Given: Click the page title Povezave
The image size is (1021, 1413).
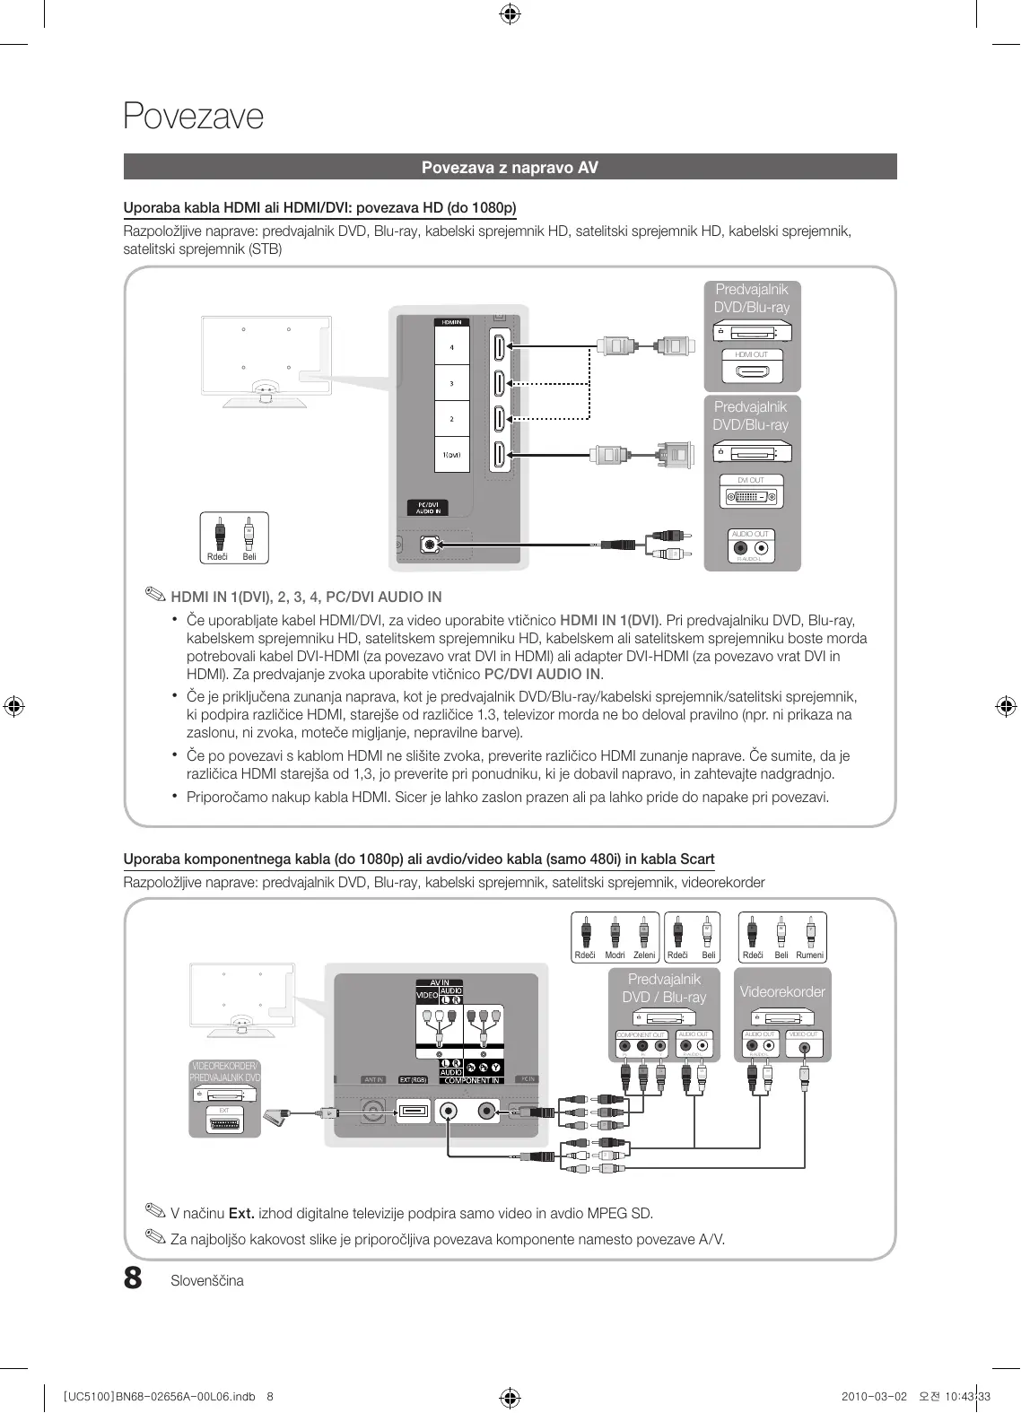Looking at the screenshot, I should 194,117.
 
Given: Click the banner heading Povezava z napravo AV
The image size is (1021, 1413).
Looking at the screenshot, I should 510,168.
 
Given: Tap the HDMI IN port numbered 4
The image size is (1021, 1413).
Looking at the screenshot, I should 498,347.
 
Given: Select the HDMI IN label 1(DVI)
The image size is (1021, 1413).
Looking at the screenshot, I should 451,455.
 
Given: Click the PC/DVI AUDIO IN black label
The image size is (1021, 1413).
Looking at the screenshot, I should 428,508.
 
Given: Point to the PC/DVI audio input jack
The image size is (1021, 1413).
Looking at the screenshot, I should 431,545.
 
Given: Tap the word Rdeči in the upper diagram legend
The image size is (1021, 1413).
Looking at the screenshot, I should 217,557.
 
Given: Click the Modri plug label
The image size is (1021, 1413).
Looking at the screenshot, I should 615,955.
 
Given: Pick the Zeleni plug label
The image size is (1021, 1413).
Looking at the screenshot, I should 644,955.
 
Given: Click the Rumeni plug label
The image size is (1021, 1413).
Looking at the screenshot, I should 809,955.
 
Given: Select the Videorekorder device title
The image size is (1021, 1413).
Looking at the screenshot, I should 782,991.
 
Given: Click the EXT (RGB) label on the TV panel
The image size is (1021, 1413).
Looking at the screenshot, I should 413,1080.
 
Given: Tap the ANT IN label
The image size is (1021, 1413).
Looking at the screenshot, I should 373,1080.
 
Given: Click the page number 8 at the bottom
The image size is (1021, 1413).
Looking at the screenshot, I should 133,1278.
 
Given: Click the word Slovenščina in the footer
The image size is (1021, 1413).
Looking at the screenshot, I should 207,1281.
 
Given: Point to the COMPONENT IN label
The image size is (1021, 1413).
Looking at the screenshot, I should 472,1081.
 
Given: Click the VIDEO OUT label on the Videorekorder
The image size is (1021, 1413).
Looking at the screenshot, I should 803,1034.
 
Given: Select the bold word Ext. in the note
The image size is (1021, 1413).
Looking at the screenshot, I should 241,1214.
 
